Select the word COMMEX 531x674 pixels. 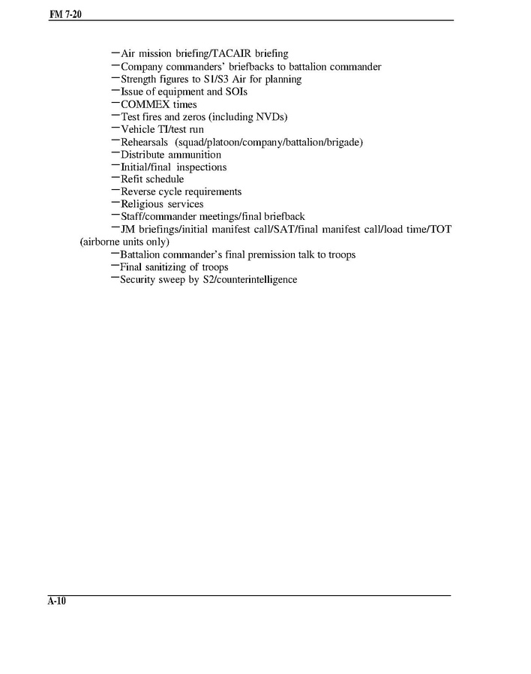[145, 104]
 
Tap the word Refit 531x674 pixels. [131, 179]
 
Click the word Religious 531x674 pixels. [142, 204]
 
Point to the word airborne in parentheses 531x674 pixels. [102, 242]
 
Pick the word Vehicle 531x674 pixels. [138, 129]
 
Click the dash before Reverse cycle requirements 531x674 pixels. [115, 191]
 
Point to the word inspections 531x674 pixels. [202, 167]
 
